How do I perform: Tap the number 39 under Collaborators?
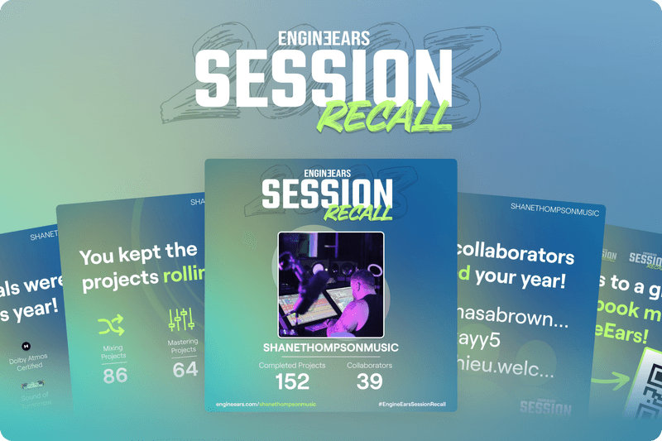[370, 381]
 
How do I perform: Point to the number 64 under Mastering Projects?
[185, 369]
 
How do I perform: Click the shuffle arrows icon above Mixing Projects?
[112, 325]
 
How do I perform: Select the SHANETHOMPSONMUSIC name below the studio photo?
[330, 348]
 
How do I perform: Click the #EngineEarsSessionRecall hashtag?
[411, 403]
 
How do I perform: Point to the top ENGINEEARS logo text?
[324, 37]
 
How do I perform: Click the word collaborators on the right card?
[516, 254]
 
